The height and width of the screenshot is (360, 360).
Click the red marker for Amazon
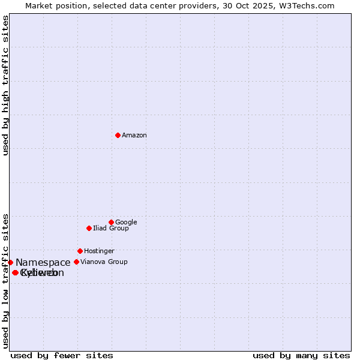(x=118, y=135)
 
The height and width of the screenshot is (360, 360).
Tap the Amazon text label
(x=134, y=136)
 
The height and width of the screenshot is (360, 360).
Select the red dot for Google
(x=111, y=222)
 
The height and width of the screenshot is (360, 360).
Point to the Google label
(x=126, y=223)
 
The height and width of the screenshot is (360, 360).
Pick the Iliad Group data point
(x=89, y=228)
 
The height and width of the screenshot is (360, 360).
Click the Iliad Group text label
(x=111, y=229)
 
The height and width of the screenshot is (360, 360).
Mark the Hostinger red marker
(x=80, y=251)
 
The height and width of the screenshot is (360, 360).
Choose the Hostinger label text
(x=99, y=251)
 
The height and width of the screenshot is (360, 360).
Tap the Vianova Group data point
(x=76, y=262)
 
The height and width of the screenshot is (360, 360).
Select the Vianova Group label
(x=104, y=262)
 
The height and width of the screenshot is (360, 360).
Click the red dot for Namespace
(x=10, y=262)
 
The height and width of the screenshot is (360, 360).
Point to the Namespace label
(x=43, y=263)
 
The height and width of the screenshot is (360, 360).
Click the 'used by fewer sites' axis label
(x=62, y=355)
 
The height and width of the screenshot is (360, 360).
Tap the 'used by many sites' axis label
(x=301, y=355)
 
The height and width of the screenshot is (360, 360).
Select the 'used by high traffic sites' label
(x=5, y=85)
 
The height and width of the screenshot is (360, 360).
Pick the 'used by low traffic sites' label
(x=5, y=281)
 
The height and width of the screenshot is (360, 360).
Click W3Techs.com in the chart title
(x=310, y=6)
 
